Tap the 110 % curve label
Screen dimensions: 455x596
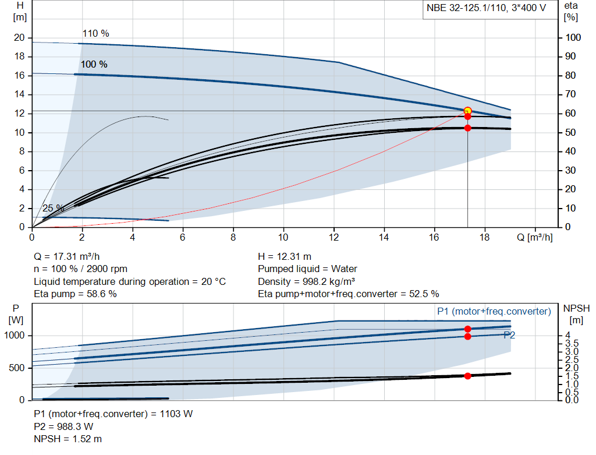95,33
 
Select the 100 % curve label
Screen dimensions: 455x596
94,64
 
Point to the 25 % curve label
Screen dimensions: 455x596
53,208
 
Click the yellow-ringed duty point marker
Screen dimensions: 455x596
467,111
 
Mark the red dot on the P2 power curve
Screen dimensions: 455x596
467,336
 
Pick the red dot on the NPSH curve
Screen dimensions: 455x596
467,376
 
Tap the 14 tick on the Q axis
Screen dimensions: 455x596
384,238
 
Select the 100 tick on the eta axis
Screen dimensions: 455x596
573,37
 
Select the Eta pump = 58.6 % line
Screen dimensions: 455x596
75,294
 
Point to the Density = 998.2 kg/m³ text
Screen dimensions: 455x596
306,281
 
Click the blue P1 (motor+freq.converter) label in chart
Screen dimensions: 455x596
494,312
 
